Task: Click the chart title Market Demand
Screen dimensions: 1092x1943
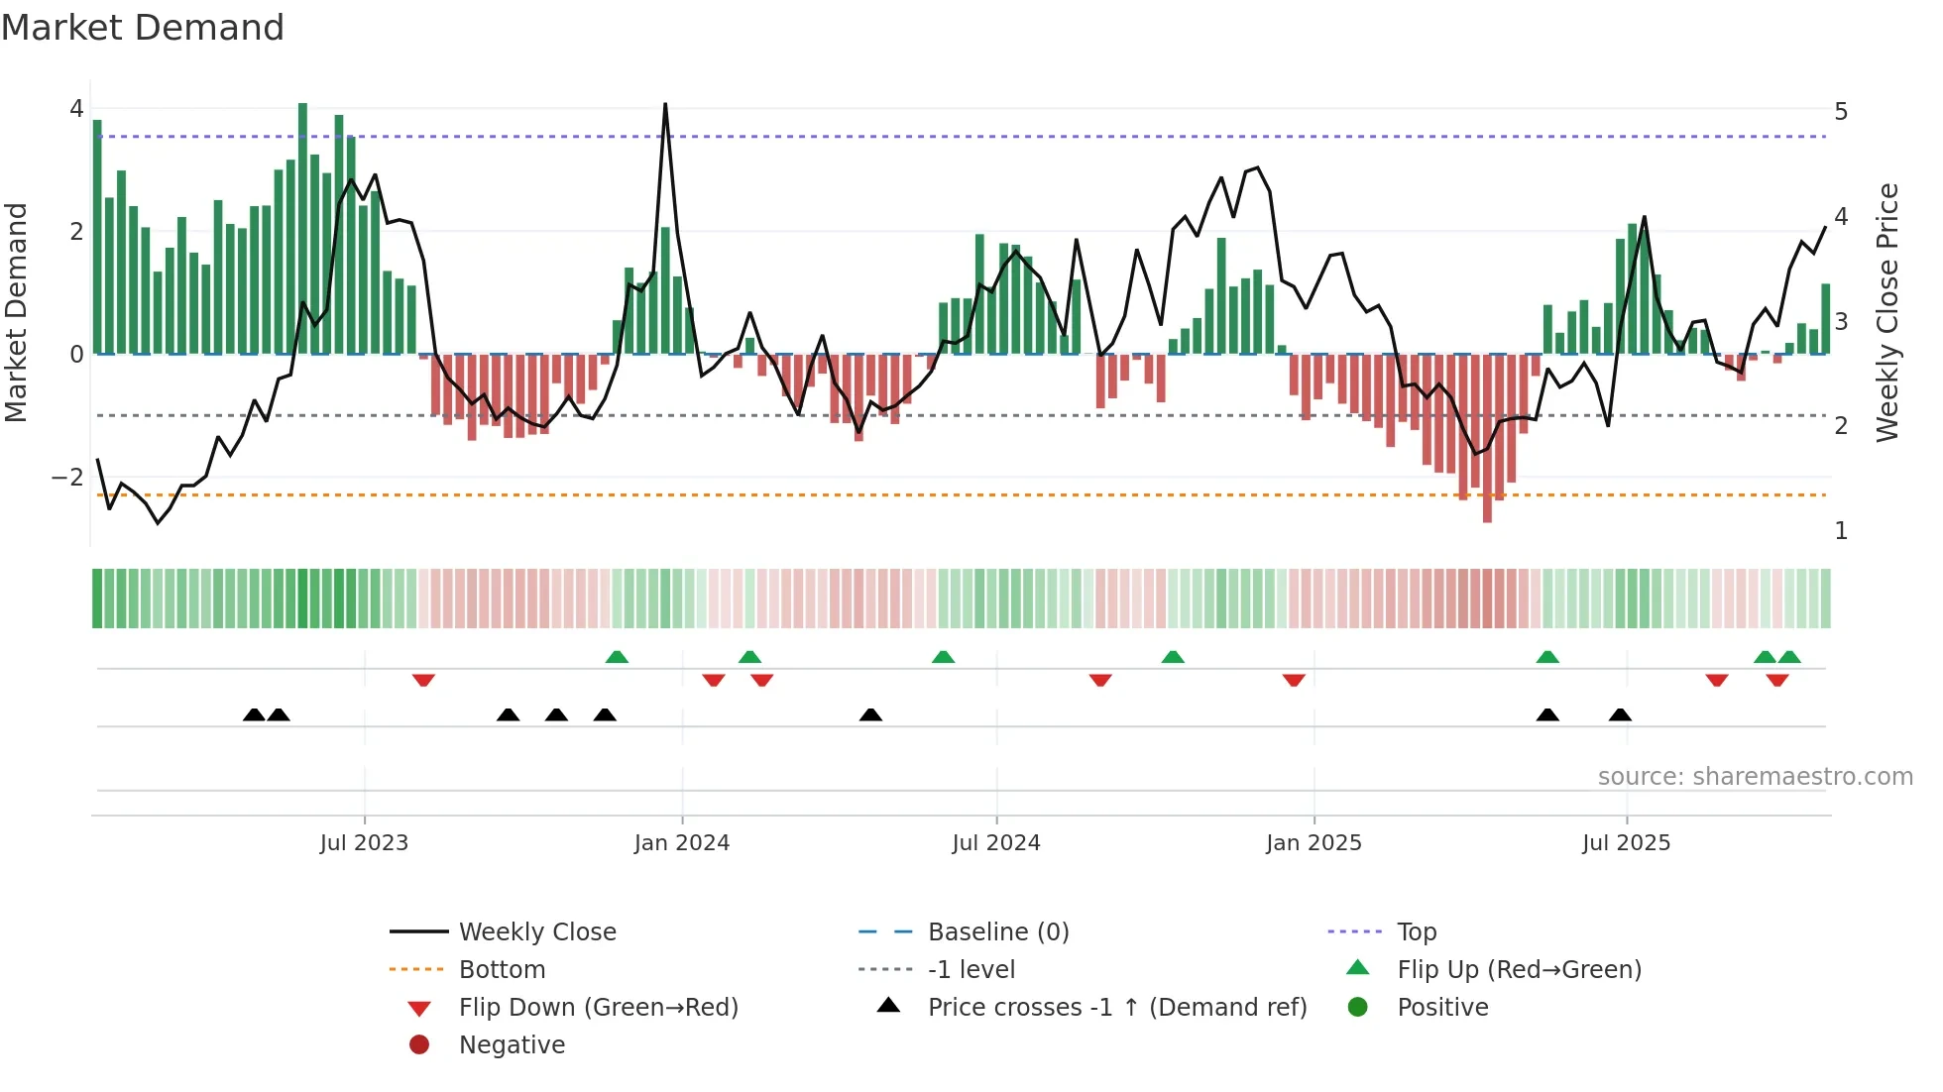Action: (143, 28)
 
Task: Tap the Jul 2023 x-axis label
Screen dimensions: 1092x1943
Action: (364, 843)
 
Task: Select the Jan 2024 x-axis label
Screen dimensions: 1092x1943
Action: (681, 843)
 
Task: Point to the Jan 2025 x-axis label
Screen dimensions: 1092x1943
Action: (1314, 843)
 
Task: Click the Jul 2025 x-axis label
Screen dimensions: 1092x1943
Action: (1626, 843)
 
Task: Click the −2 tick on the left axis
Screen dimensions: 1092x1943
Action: (68, 478)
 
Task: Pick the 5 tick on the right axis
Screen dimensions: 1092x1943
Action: (1841, 112)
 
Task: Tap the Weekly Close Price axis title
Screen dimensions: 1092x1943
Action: (1887, 312)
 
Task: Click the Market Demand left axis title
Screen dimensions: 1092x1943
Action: (17, 312)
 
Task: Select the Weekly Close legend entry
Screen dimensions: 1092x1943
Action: (536, 932)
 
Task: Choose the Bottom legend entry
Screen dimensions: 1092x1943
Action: (502, 970)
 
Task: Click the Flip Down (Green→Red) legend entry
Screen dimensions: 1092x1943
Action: (598, 1008)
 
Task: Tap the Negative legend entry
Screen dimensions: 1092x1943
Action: (512, 1045)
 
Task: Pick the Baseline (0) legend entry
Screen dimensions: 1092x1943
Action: (997, 932)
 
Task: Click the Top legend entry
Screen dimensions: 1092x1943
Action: (1416, 932)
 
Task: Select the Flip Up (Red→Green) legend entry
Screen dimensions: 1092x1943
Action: (1519, 970)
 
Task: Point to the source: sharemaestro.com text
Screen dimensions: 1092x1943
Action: (1755, 777)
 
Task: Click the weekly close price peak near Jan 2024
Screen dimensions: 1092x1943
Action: (665, 104)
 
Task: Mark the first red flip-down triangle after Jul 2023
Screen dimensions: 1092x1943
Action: (423, 680)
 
